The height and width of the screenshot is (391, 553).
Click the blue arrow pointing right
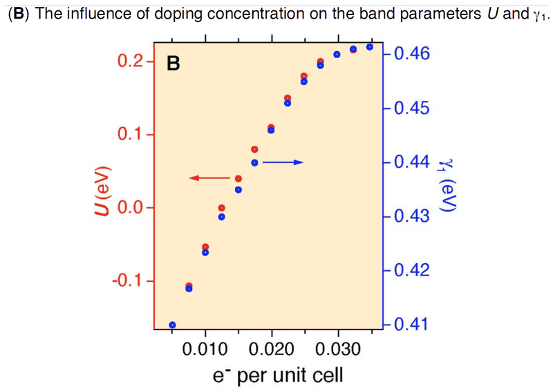[282, 162]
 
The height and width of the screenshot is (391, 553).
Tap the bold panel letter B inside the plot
[174, 64]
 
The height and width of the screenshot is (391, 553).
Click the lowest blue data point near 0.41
[172, 325]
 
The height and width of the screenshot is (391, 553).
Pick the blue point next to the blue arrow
[254, 162]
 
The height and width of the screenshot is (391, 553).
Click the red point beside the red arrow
[238, 179]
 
